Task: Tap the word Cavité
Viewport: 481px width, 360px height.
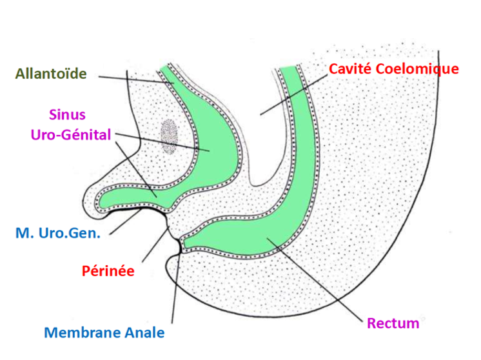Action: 351,68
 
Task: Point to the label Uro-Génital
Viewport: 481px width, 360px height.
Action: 70,134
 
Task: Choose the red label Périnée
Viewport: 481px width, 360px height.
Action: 108,270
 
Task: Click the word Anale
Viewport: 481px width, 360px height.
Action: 144,333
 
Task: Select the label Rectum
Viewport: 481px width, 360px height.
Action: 393,323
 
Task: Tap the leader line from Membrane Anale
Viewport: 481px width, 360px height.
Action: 175,290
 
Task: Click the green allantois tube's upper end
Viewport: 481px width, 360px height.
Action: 169,73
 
